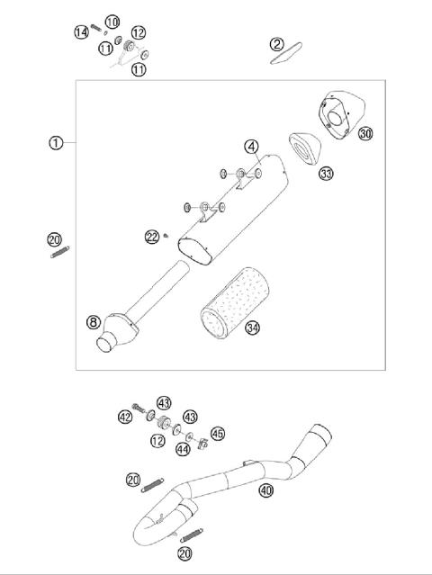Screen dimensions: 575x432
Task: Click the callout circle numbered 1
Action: tap(56, 143)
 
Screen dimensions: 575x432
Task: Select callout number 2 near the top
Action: tap(277, 43)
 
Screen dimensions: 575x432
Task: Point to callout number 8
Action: tap(93, 322)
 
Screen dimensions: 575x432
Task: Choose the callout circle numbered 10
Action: tap(112, 21)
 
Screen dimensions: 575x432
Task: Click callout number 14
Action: tap(81, 32)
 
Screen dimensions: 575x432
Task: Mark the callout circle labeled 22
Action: tap(152, 237)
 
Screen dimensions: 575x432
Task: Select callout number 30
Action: tap(364, 133)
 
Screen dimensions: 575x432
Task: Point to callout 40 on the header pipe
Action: tap(265, 490)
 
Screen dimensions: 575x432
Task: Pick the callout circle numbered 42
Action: tap(125, 417)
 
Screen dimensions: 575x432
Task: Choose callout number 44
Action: tap(183, 448)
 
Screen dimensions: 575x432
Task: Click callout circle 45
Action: tap(219, 434)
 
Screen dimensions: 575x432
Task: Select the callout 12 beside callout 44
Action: tap(157, 442)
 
